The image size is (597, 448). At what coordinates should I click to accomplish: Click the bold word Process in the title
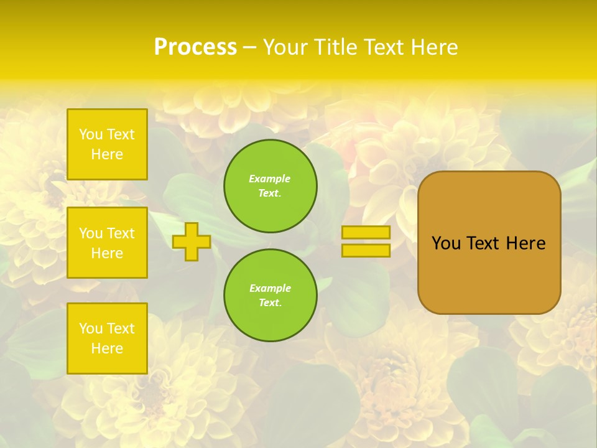195,47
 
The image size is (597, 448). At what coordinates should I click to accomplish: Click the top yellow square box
107,144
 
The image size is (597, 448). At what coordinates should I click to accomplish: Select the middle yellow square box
107,243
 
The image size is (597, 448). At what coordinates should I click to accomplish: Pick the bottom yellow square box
107,338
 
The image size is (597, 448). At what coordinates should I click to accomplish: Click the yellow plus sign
192,241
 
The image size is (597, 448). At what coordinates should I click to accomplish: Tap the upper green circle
271,186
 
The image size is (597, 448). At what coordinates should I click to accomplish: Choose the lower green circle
271,296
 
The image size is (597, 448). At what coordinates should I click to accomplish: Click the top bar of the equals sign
366,233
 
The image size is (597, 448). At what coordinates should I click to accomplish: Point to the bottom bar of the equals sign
366,251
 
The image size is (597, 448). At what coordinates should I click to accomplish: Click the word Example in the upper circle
270,179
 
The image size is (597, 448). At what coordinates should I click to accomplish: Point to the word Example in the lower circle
270,288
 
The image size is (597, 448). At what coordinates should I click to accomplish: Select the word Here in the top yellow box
107,154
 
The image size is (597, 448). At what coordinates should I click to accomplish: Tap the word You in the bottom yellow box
91,329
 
